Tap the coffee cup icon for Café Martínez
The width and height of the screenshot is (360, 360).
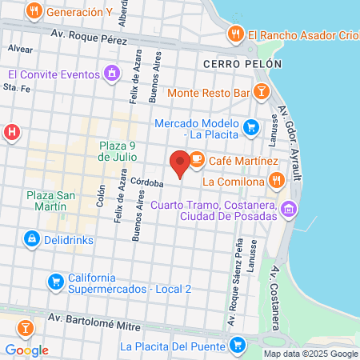[x=197, y=161]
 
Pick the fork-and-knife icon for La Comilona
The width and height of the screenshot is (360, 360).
[x=277, y=181]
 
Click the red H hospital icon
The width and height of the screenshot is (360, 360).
[x=11, y=132]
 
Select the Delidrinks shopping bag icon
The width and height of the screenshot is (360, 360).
[x=31, y=238]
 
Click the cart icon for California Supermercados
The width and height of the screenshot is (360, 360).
[x=55, y=281]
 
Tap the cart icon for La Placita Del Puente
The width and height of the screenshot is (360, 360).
[x=237, y=346]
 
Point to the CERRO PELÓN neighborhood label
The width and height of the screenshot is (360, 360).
[x=232, y=63]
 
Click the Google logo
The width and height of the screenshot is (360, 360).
[x=26, y=350]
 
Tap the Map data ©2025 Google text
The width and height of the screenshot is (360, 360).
[x=310, y=354]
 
